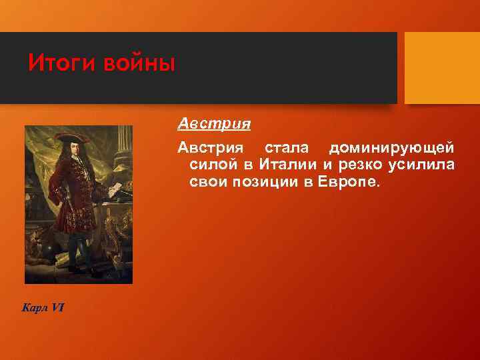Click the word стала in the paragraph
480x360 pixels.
(x=287, y=146)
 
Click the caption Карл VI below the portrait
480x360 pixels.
(x=43, y=307)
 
